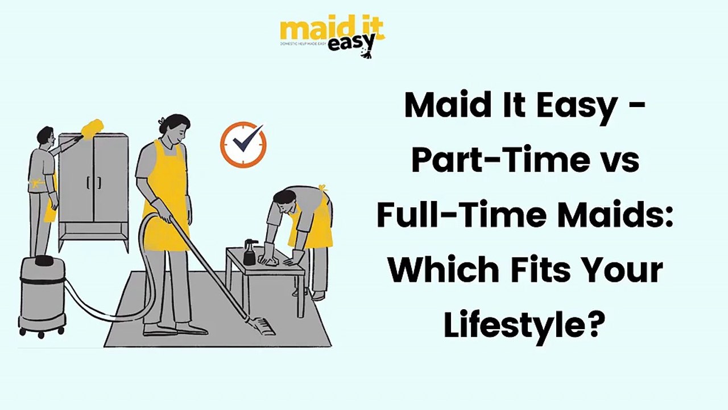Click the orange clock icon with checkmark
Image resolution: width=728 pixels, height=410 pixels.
pyautogui.click(x=243, y=144)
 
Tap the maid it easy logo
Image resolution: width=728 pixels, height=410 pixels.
pyautogui.click(x=332, y=35)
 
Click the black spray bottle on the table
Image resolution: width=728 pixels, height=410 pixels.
pyautogui.click(x=249, y=252)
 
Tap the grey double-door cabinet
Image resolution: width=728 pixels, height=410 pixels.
pyautogui.click(x=93, y=182)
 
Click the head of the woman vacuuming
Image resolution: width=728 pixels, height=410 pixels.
pyautogui.click(x=174, y=129)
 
